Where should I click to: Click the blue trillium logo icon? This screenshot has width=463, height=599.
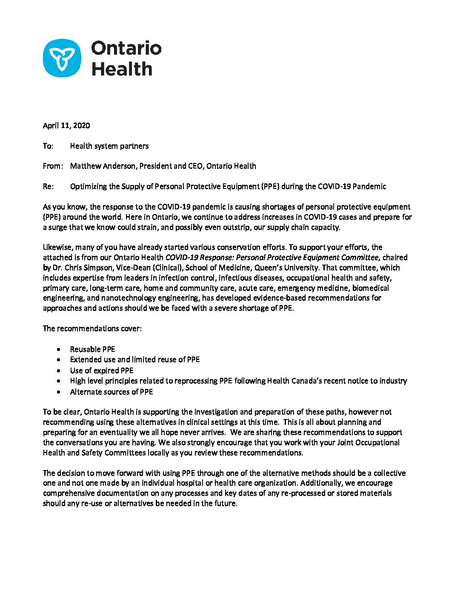(62, 58)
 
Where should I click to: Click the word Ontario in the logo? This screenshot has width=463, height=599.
(126, 48)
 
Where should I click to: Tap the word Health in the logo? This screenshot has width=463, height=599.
(122, 69)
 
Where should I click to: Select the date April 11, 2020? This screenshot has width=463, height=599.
(66, 126)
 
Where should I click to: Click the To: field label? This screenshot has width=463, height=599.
(48, 146)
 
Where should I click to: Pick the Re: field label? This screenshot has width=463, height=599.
(48, 186)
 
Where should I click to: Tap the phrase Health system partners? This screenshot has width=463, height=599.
(109, 146)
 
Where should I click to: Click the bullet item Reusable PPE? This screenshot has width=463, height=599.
(92, 349)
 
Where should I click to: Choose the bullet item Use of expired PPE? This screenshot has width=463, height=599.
(102, 371)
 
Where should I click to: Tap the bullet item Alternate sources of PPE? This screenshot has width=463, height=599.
(111, 392)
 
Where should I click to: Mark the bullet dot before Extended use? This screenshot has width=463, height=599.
(58, 360)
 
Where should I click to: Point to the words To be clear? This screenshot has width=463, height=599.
(62, 412)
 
